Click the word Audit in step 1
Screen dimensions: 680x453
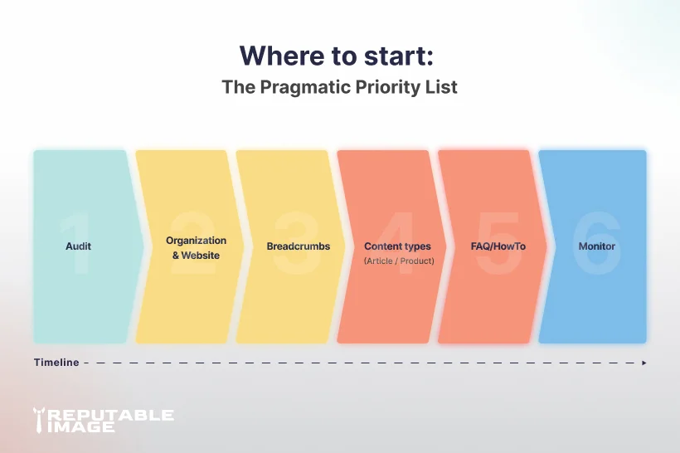coord(78,246)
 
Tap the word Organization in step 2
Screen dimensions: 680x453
coord(196,241)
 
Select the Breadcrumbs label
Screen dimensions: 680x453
coord(299,246)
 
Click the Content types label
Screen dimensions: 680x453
coord(397,246)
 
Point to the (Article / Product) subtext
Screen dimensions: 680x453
coord(399,261)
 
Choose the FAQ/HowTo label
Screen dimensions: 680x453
coord(498,246)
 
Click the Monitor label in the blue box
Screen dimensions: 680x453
coord(597,246)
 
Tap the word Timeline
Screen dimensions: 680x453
coord(56,363)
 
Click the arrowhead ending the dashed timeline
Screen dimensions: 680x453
coord(644,363)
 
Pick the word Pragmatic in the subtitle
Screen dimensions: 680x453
coord(305,87)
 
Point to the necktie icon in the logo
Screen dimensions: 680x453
coord(39,420)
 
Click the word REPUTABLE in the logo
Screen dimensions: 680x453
coord(110,415)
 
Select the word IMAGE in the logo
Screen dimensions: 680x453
coord(81,426)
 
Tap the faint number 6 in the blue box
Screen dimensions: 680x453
coord(597,243)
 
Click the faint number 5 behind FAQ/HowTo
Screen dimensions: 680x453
coord(497,243)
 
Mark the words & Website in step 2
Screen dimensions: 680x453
coord(196,256)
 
